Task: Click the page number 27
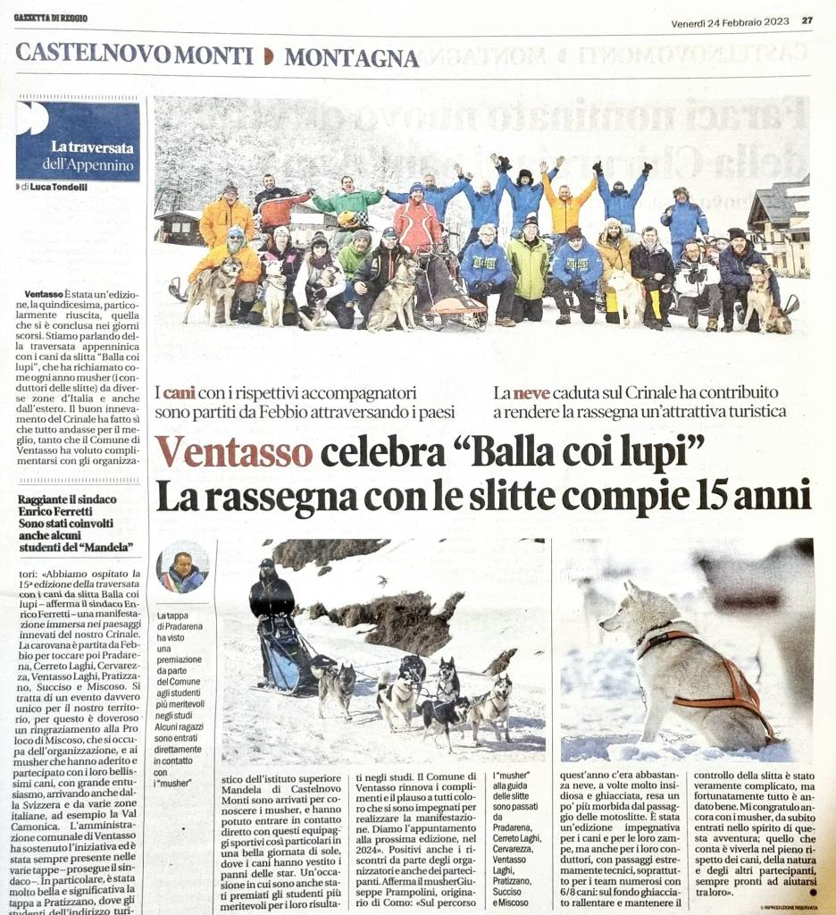807,21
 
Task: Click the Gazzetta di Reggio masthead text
52,19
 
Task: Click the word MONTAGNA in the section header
351,58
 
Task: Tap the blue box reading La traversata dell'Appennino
79,142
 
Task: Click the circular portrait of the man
183,567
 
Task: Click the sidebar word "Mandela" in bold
109,547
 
